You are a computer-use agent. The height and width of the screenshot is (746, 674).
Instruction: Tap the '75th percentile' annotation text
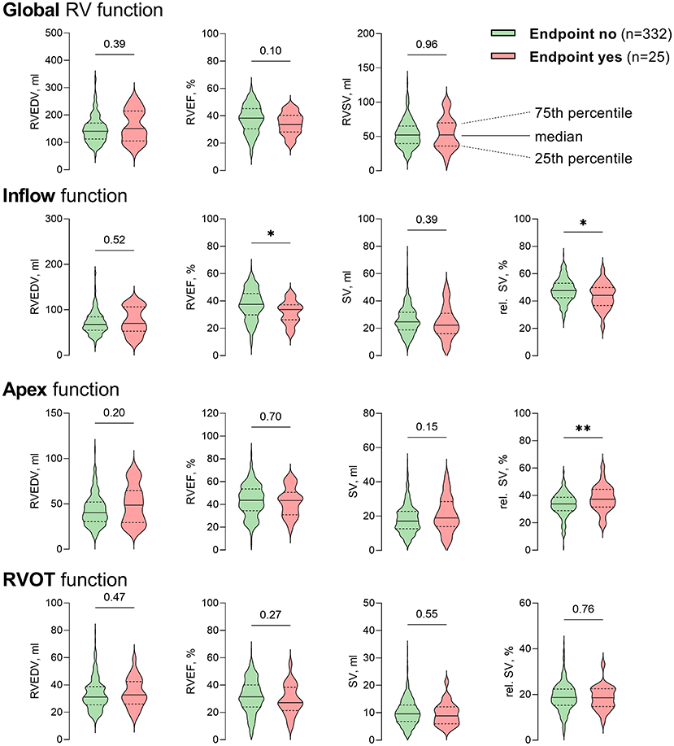[x=583, y=112]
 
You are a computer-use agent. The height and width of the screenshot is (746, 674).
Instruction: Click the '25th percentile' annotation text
[x=583, y=159]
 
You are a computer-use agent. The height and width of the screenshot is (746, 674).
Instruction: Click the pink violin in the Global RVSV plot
[x=446, y=134]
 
